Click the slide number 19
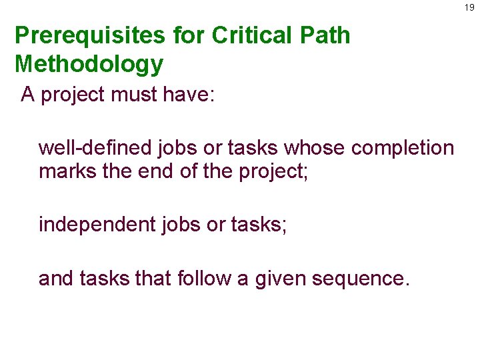click(x=470, y=7)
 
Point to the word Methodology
click(x=89, y=64)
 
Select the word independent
click(x=97, y=225)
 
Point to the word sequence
click(x=361, y=278)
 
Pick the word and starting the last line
click(x=57, y=278)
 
